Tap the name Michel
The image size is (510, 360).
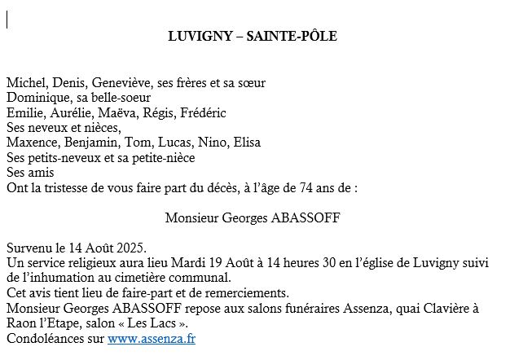coord(24,83)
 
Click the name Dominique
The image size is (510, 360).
coord(36,98)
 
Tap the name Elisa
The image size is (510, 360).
coord(247,143)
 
